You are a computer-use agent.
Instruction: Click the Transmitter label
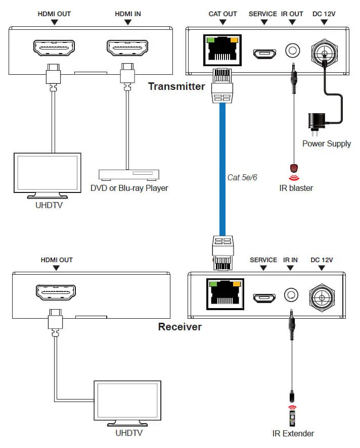(176, 86)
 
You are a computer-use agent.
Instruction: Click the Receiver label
(179, 327)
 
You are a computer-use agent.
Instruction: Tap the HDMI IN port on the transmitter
(128, 48)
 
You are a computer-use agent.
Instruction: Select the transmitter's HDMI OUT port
(55, 48)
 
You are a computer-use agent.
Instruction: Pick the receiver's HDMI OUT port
(56, 291)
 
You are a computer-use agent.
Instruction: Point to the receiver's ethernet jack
(222, 293)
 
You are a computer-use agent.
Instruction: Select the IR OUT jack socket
(293, 51)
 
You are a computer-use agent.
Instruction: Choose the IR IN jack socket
(291, 295)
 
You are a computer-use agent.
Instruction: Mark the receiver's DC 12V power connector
(322, 295)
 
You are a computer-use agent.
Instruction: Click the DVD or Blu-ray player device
(129, 175)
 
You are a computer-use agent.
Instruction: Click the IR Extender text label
(293, 433)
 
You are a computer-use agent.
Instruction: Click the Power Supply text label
(326, 143)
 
